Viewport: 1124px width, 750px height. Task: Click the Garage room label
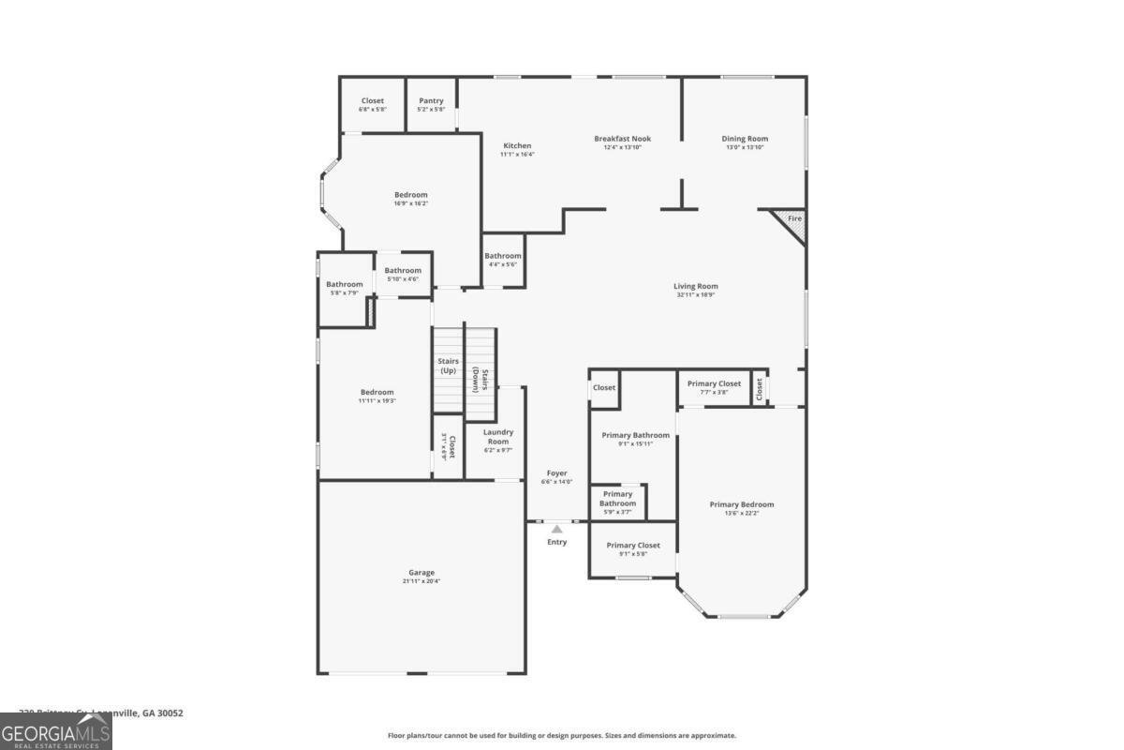coord(421,572)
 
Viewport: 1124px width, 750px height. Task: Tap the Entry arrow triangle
coord(556,529)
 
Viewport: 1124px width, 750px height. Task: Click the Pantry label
coord(431,101)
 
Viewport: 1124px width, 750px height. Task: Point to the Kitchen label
coord(517,145)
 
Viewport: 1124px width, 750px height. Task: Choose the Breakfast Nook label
coord(622,139)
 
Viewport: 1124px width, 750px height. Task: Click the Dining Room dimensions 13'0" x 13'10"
coord(745,147)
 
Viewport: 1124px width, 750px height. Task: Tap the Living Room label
coord(695,286)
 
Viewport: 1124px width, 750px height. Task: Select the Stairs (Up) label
coord(448,366)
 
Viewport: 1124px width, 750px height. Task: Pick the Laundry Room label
coord(497,437)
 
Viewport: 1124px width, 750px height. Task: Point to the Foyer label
coord(556,473)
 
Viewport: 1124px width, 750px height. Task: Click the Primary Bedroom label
coord(741,504)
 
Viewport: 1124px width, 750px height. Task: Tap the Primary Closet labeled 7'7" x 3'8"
coord(714,387)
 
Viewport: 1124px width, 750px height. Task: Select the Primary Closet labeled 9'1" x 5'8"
coord(633,549)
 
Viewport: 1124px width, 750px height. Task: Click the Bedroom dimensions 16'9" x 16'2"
coord(410,203)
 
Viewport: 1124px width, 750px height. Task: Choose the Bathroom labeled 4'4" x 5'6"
coord(502,260)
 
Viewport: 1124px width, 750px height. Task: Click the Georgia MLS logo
coord(56,731)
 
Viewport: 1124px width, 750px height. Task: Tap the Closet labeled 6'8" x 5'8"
coord(372,105)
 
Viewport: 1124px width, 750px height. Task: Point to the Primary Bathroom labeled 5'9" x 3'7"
coord(617,502)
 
